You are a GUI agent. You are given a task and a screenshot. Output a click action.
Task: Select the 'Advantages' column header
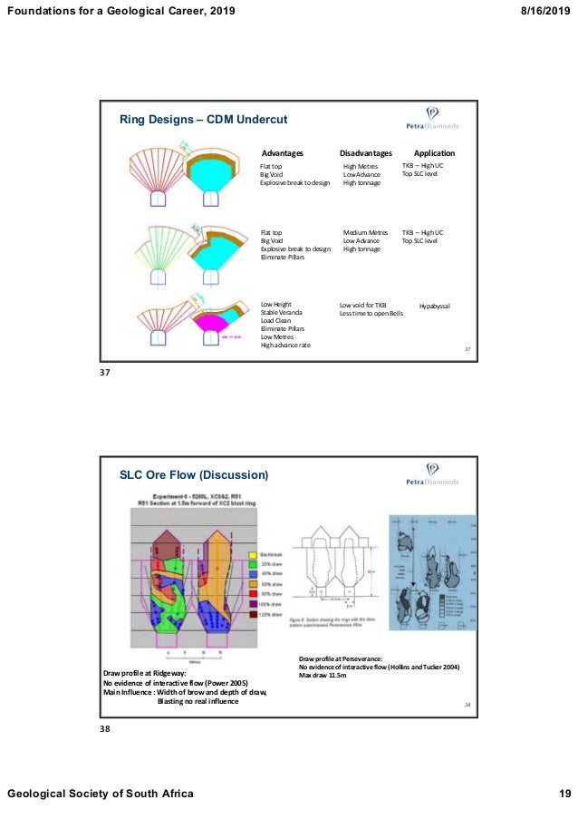(x=282, y=153)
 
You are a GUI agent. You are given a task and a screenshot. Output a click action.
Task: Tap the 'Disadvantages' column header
(x=365, y=153)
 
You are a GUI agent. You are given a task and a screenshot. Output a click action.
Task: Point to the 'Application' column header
(x=434, y=153)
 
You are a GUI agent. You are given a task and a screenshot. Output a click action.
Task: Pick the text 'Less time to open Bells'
(x=371, y=313)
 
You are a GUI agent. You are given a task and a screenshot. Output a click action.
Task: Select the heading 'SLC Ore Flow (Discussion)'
(x=194, y=474)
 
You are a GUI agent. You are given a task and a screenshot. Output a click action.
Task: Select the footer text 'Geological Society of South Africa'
(x=101, y=795)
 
